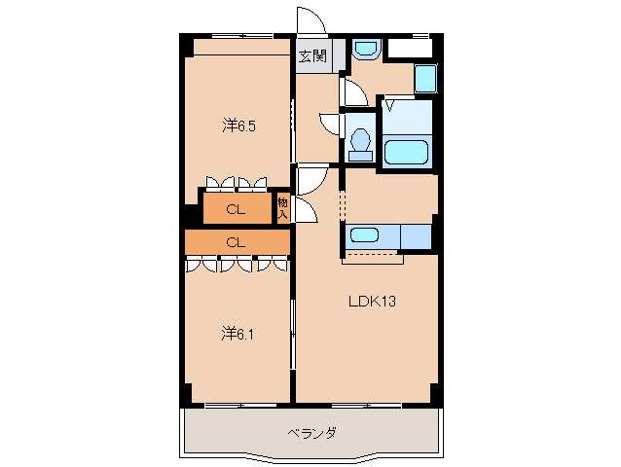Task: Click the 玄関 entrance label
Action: (312, 55)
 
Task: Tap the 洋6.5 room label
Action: (239, 125)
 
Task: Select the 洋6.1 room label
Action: (238, 334)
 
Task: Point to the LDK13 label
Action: (372, 301)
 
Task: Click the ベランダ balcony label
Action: (311, 433)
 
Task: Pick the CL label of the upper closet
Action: (236, 208)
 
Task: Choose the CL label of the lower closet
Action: (236, 241)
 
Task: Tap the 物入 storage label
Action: (282, 207)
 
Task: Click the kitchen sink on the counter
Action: (365, 235)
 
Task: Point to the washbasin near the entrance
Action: (367, 48)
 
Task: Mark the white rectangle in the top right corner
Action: (410, 48)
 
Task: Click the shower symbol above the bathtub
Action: (389, 104)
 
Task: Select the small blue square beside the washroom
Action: (425, 78)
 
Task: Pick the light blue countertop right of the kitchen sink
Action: (416, 235)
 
